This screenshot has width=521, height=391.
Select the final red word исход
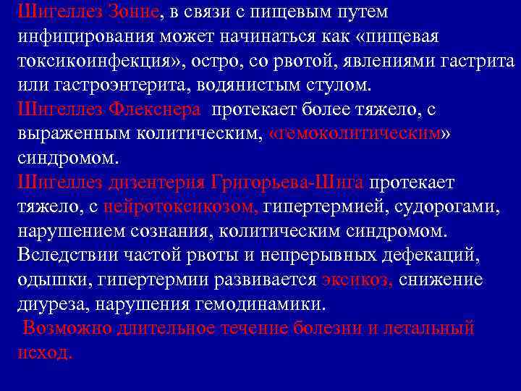44,353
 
